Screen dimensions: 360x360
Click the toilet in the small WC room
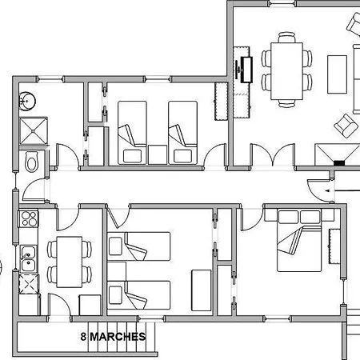click(31, 162)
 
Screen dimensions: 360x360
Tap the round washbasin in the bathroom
click(27, 102)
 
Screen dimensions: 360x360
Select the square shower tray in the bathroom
click(34, 131)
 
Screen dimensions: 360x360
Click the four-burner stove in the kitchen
click(29, 218)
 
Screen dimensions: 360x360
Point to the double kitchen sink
click(28, 258)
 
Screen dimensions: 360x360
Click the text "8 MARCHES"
click(113, 337)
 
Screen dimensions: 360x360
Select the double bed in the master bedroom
click(299, 241)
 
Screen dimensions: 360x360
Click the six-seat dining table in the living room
click(287, 71)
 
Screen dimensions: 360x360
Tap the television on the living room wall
click(246, 70)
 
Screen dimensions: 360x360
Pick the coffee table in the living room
click(337, 74)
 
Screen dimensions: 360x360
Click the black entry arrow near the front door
click(342, 190)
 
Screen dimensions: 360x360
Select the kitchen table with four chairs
click(70, 262)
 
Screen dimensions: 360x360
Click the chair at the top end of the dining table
click(287, 38)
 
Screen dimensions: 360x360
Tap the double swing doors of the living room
click(273, 154)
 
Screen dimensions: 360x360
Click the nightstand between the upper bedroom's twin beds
click(158, 154)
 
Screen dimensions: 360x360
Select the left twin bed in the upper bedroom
click(132, 133)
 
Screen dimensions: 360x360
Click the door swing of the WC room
click(34, 190)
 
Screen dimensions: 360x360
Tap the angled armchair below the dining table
click(346, 126)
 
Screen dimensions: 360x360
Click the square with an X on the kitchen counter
click(29, 284)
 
